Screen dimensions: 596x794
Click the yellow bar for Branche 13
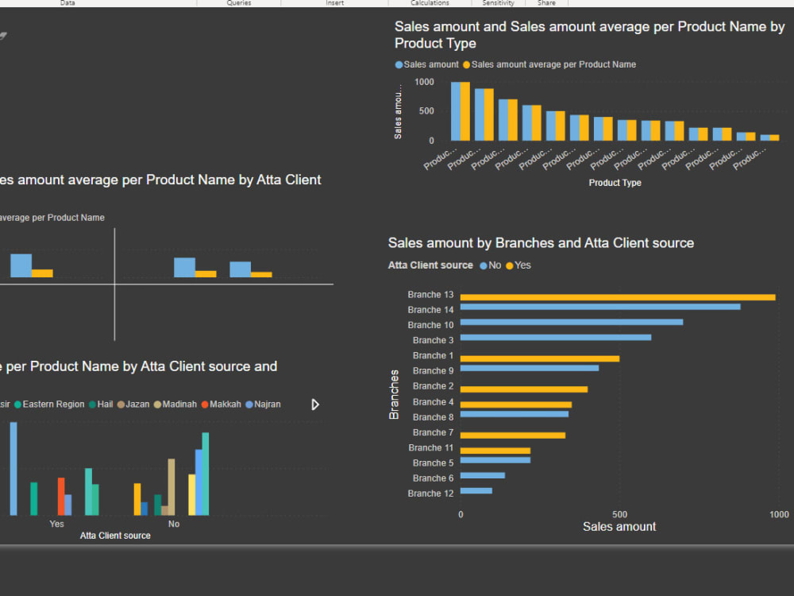[x=618, y=297]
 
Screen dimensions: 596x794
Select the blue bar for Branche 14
[x=600, y=307]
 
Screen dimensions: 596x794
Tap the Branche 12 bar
[x=476, y=490]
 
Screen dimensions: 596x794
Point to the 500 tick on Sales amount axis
[x=620, y=514]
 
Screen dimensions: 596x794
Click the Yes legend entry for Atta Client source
[x=518, y=265]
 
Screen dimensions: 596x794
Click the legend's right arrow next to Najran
[x=315, y=404]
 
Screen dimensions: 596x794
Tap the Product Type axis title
[x=615, y=183]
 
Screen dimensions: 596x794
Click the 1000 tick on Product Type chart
[x=424, y=82]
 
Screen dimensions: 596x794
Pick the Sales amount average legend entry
[x=549, y=64]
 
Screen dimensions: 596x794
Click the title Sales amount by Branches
[x=541, y=243]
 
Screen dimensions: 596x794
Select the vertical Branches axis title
[x=395, y=394]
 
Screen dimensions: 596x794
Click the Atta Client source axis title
[x=115, y=536]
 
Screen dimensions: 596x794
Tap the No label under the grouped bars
[x=174, y=524]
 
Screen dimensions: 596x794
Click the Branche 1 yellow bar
[x=540, y=358]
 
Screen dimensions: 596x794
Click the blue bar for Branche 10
[x=572, y=322]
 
